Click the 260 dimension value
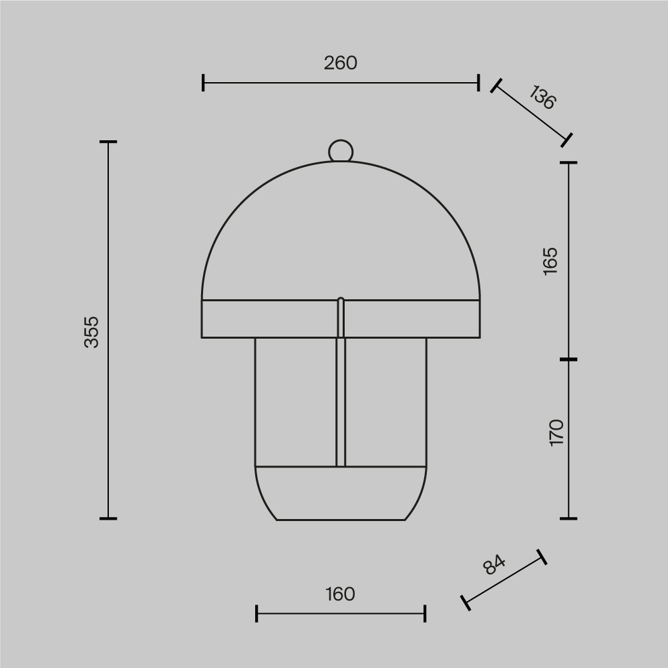pos(341,63)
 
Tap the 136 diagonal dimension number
pos(542,98)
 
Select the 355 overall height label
pos(91,332)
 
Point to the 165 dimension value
pos(550,261)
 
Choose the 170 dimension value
pos(556,432)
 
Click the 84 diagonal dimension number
pos(494,564)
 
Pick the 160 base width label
pos(340,595)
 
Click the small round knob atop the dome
pos(341,151)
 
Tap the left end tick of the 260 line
pos(203,83)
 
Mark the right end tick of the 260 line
pos(479,83)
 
